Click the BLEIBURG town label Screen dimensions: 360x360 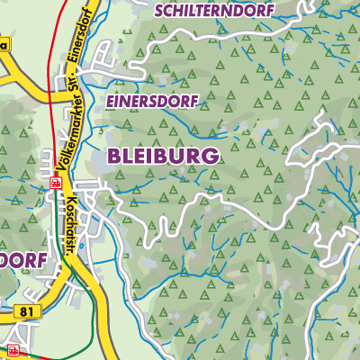point(163,156)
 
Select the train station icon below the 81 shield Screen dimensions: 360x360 point(13,348)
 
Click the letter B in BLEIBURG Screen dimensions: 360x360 point(114,156)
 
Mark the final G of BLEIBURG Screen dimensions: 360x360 point(211,156)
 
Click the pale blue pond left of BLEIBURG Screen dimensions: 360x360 point(96,162)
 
